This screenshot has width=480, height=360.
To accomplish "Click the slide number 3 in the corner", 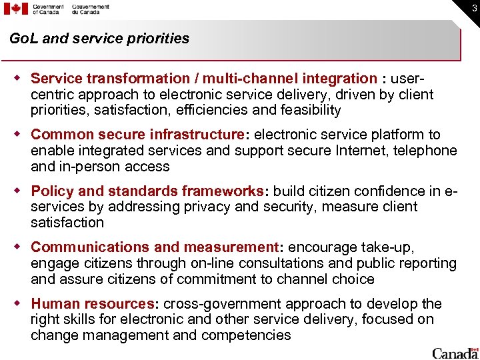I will tap(473, 8).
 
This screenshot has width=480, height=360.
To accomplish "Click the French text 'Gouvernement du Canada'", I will tap(91, 9).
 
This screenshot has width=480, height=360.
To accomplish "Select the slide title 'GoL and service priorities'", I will tap(99, 39).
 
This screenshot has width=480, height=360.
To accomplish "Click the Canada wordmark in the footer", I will tap(455, 353).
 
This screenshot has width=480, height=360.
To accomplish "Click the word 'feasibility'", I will tap(309, 110).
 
